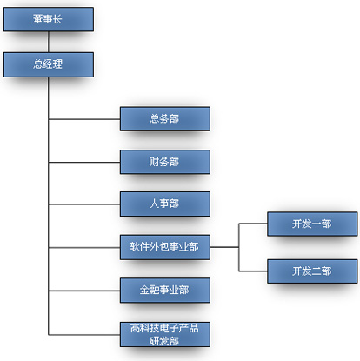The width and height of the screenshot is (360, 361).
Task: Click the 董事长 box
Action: [x=49, y=19]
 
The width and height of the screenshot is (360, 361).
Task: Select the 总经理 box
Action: [x=49, y=64]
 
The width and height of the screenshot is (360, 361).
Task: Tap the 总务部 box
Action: [x=165, y=119]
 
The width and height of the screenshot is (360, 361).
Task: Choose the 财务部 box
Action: [x=165, y=162]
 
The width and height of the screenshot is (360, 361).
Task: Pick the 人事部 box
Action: [x=165, y=204]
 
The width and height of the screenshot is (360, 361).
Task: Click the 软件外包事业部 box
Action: [x=165, y=247]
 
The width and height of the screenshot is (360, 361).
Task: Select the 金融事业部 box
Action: [x=165, y=291]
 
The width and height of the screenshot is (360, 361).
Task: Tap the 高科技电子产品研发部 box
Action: [x=165, y=334]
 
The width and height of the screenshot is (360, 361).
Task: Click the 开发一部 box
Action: [x=312, y=224]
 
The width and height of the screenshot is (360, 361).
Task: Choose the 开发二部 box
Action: [x=312, y=271]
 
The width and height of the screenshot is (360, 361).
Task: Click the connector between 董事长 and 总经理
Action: [x=49, y=42]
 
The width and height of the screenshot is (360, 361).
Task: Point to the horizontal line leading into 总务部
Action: [x=84, y=119]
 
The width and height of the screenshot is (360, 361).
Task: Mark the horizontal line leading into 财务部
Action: [x=84, y=163]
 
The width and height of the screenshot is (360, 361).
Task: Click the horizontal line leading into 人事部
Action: [x=84, y=204]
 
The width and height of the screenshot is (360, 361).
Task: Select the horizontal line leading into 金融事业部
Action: [x=84, y=291]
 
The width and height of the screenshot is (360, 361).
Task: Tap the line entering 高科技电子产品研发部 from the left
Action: [x=84, y=335]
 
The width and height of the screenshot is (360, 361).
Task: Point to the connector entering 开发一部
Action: [x=253, y=224]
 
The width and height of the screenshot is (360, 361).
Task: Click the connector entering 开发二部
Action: [x=253, y=271]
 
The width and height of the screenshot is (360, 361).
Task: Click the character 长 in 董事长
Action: [x=57, y=19]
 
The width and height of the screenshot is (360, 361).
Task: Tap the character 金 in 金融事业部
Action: [x=145, y=290]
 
